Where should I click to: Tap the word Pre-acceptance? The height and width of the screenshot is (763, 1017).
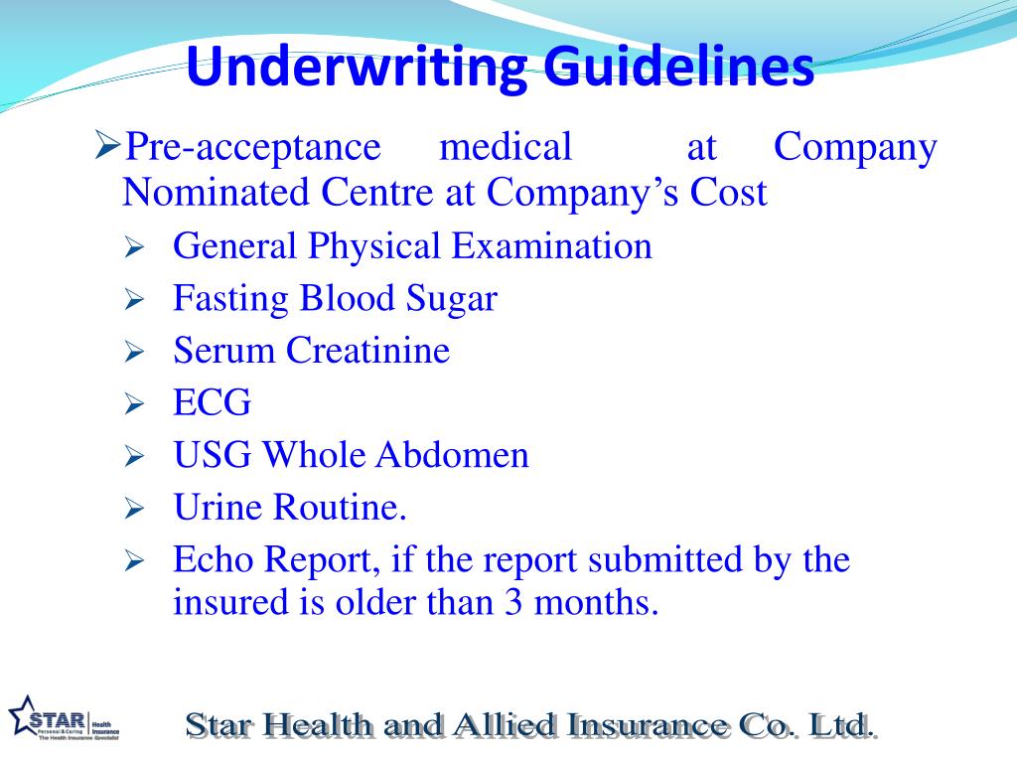tap(251, 147)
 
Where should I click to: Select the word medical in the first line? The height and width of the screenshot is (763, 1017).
tap(507, 147)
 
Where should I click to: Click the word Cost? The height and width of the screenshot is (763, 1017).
tap(729, 192)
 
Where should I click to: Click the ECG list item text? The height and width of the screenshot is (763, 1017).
tap(213, 402)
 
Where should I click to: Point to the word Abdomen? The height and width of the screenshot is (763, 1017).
tap(452, 455)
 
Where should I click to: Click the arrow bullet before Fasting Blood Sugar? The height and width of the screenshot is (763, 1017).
tap(135, 299)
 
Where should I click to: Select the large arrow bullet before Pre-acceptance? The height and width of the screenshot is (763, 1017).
tap(107, 148)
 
